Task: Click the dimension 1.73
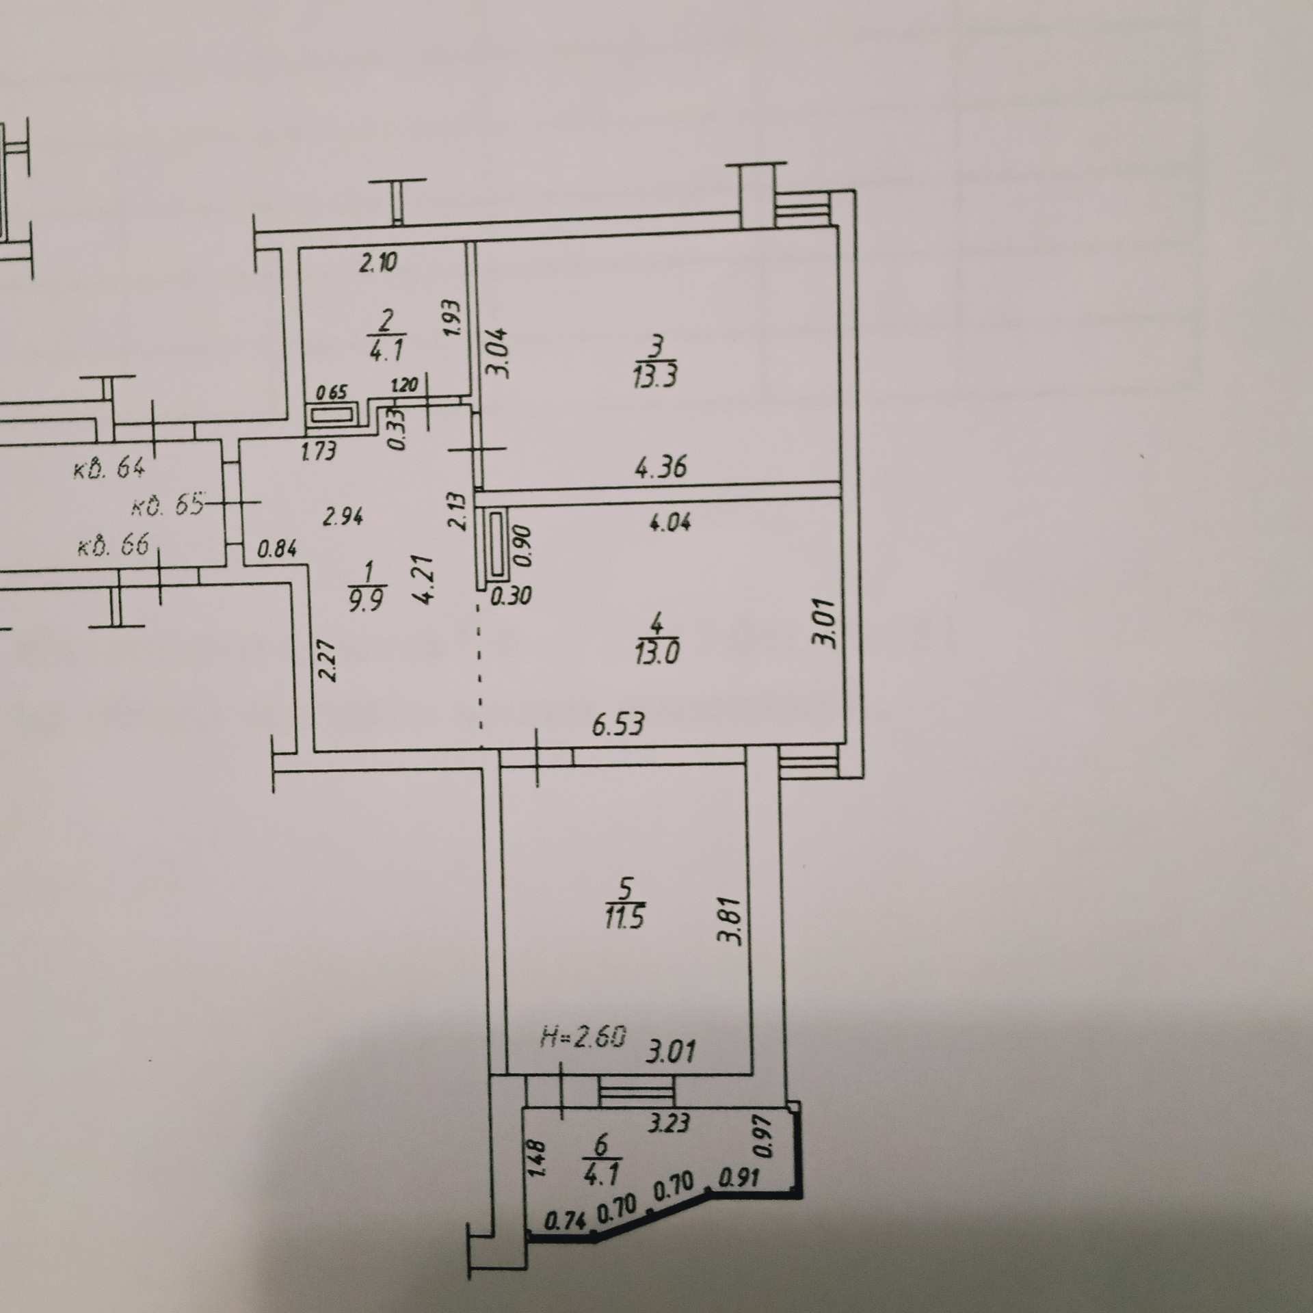318,451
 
